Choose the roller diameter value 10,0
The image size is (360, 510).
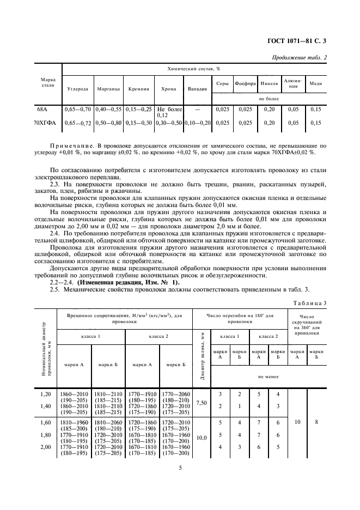202,437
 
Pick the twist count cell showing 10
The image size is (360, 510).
297,421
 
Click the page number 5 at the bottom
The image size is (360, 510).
180,467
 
